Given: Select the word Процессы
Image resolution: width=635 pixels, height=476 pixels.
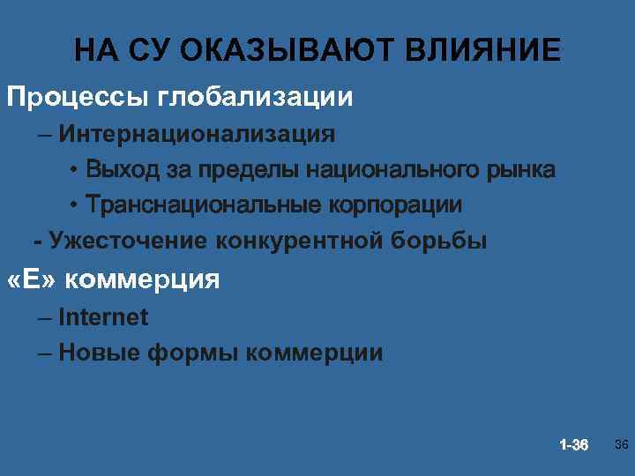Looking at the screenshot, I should point(78,95).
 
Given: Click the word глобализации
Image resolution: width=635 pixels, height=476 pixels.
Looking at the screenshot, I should point(256,95).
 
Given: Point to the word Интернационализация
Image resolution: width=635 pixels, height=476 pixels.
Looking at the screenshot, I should point(198,134).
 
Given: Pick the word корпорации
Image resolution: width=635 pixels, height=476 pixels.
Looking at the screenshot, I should point(396,205).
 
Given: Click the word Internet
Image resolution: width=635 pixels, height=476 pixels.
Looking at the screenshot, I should point(103,317).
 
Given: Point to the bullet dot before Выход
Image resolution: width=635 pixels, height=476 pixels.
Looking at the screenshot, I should point(76,169).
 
